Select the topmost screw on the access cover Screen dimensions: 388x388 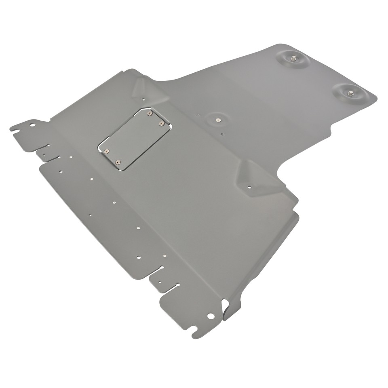click(x=150, y=114)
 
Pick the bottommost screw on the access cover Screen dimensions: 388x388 click(x=118, y=162)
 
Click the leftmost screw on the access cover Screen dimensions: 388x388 click(x=106, y=151)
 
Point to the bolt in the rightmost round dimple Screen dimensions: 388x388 click(x=350, y=94)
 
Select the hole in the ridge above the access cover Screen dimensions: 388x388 click(x=143, y=98)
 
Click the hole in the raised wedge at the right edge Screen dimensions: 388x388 click(x=249, y=187)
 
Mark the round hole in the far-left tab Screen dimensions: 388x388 click(x=32, y=124)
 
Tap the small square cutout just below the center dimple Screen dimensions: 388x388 click(x=222, y=133)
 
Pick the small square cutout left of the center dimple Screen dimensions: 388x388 click(x=198, y=115)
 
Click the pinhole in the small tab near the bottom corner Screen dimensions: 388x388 click(x=160, y=282)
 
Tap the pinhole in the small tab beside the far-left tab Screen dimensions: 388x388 click(x=44, y=153)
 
